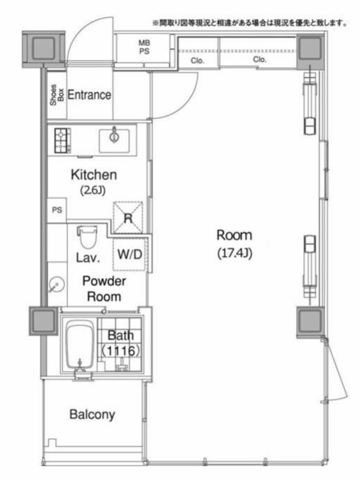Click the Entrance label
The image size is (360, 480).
89,95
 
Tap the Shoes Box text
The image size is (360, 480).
57,95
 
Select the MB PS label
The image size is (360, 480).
144,47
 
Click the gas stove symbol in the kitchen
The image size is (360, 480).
62,140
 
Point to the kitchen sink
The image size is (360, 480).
114,141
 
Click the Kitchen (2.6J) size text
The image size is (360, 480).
94,182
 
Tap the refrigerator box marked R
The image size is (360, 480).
128,218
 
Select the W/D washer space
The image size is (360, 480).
130,254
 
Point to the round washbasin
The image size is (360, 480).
56,285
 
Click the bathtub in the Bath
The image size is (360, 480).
80,346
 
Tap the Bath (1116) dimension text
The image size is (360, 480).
121,343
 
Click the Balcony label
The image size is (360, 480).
92,415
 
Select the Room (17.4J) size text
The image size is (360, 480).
235,244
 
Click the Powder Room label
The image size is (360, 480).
104,289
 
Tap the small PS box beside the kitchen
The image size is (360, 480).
57,211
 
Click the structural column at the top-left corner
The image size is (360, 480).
43,49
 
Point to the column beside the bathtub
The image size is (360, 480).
43,321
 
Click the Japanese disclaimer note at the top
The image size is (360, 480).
250,23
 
